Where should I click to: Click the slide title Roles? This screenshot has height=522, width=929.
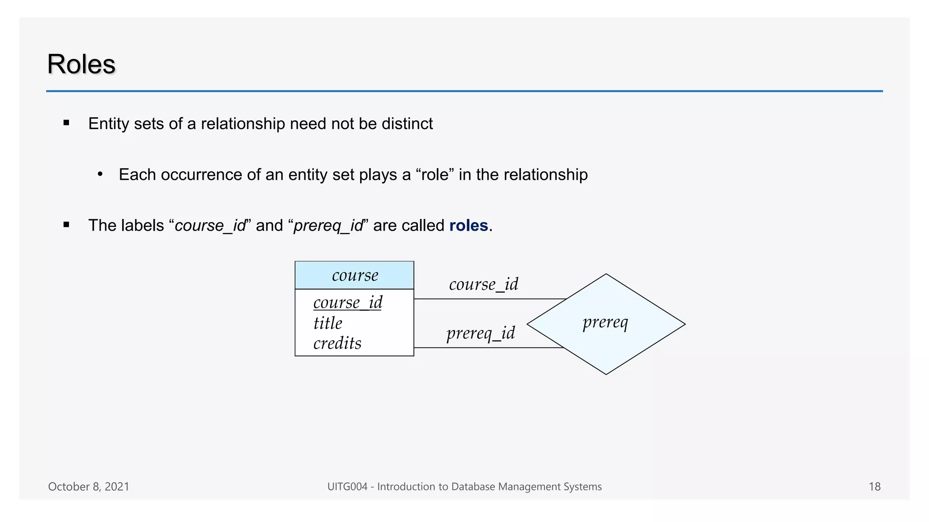81,64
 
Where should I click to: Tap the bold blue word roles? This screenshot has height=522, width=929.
468,225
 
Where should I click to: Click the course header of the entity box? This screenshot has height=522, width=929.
355,275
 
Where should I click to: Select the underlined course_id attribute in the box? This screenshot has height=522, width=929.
347,302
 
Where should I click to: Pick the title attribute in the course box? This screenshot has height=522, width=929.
328,323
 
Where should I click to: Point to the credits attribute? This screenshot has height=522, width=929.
337,343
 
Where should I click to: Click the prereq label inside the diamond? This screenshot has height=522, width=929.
605,323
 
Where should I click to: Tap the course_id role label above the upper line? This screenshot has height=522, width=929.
483,284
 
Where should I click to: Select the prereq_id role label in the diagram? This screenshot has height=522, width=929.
480,333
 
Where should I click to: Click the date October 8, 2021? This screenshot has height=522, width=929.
88,487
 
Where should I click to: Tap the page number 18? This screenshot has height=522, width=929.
874,487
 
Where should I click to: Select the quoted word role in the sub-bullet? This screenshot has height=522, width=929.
435,174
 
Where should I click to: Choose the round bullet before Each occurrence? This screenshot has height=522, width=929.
100,174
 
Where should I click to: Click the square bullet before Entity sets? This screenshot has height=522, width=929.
67,122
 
